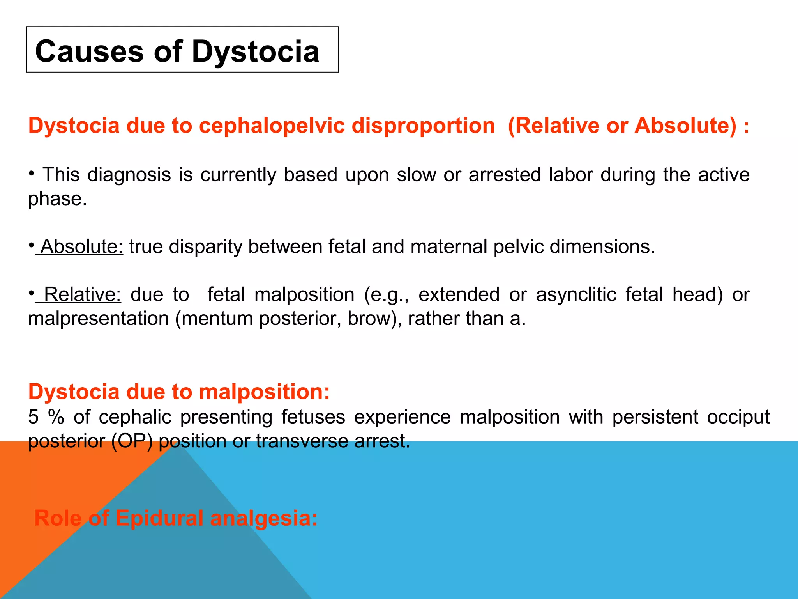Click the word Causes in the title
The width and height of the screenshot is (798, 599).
point(89,51)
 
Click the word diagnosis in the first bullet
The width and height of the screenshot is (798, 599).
point(129,175)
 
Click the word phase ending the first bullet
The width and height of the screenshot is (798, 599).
point(57,199)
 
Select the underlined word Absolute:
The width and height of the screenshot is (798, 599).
point(81,247)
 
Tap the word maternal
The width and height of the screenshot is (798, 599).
point(448,247)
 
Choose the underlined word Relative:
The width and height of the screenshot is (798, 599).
point(82,295)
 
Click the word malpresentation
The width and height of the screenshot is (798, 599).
point(98,319)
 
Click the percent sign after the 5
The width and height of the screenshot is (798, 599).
point(56,417)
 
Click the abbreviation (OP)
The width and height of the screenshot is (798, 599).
point(132,441)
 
